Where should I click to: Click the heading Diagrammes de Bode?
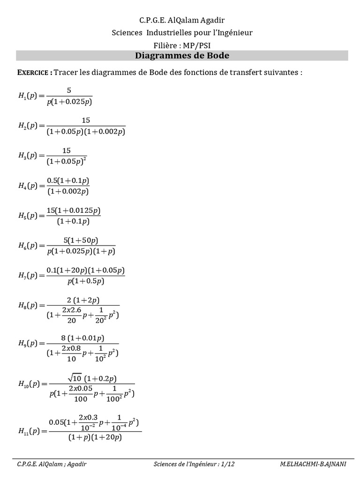(182, 56)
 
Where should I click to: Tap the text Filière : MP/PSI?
(182, 45)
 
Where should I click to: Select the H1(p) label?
(28, 96)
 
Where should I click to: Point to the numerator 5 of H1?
(69, 90)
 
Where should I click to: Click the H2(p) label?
(28, 126)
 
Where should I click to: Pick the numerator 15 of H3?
(66, 150)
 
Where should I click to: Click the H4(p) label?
(28, 186)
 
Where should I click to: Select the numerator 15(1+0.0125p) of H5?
(73, 210)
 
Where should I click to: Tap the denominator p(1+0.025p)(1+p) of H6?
(81, 251)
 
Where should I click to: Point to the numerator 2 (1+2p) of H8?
(83, 300)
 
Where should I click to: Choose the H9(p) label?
(28, 343)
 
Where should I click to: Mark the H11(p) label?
(30, 431)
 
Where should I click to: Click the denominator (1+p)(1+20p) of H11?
(95, 437)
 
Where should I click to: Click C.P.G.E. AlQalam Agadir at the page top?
(182, 20)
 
